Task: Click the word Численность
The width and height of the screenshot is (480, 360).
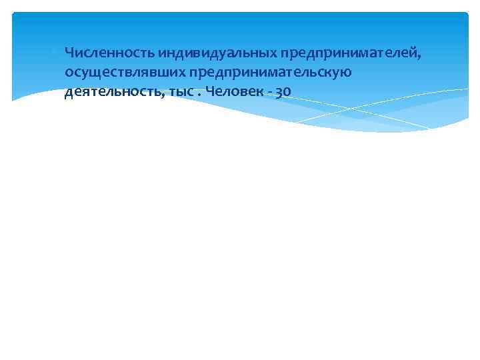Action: [x=109, y=52]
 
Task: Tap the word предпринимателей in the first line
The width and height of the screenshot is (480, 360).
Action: [x=351, y=52]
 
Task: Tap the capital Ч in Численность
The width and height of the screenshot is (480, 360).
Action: [x=69, y=52]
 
